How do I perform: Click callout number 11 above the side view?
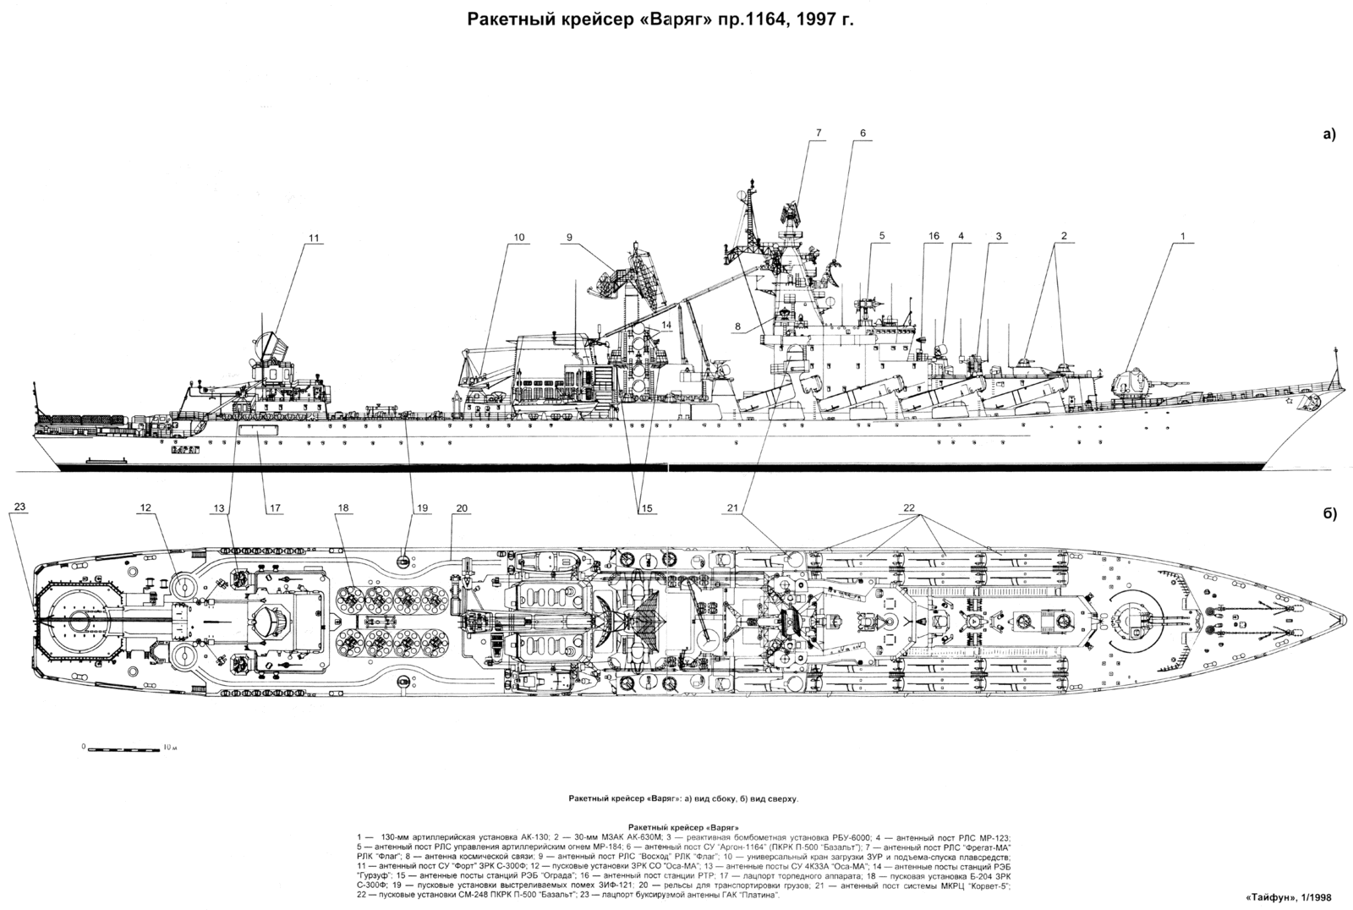point(314,238)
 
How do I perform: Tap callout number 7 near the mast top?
point(819,133)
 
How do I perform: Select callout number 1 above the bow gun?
point(1183,236)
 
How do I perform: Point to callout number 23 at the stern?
point(20,507)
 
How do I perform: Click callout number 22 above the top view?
point(909,507)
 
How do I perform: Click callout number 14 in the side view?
point(666,325)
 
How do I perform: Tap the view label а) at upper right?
point(1329,134)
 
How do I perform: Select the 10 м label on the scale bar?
point(169,748)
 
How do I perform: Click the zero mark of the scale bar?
point(84,748)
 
